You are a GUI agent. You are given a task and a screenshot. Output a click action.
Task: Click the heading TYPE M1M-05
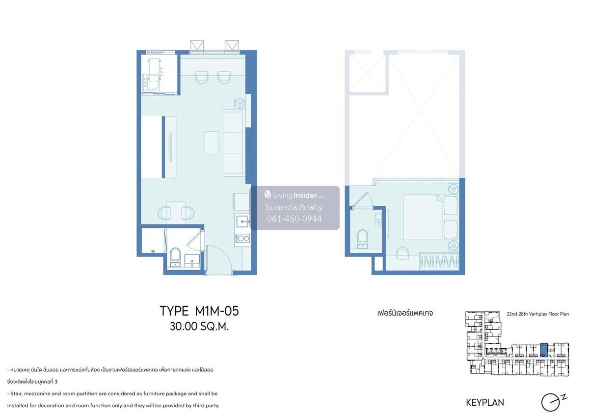199,311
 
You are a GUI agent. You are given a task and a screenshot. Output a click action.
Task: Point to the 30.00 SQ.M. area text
199,327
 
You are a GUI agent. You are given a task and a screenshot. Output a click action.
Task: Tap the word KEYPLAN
485,403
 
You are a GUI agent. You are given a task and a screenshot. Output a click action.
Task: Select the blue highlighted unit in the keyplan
543,350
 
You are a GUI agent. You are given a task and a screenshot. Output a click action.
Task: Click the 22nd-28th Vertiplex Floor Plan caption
538,314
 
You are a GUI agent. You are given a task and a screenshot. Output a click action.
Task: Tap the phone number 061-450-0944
294,219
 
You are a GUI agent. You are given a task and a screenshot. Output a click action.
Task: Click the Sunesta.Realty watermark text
294,207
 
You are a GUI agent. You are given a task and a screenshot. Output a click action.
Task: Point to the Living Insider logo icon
268,195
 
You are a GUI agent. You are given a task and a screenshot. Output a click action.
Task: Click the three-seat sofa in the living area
233,143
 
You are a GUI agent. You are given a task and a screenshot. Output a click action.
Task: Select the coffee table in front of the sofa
212,142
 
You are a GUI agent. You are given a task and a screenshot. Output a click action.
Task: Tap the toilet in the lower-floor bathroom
175,257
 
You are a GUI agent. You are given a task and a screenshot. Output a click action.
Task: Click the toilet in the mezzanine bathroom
362,239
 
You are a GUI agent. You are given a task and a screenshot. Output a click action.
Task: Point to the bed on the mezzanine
430,217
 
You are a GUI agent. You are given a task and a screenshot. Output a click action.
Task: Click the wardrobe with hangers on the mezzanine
439,261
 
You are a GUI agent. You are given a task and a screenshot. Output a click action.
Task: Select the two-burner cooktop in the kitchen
242,238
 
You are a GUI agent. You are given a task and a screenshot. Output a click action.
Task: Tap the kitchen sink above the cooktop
242,221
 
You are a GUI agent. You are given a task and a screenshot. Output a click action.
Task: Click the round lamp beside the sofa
240,104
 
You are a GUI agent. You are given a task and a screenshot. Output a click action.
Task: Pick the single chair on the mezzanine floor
402,252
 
